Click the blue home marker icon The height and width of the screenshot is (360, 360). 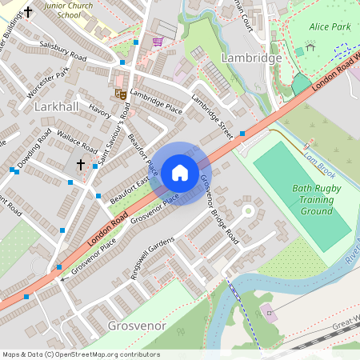coord(180,173)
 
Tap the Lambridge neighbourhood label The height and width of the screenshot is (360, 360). coord(251,58)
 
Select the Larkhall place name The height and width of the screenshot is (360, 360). coord(57,106)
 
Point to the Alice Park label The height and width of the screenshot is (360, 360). coord(330,27)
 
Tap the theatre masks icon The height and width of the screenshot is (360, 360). coord(121,94)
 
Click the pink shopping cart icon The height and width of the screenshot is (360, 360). coord(158,42)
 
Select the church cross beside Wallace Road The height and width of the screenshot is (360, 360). coord(80,165)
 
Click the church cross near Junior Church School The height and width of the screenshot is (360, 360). coord(29,12)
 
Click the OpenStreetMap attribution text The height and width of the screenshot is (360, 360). coord(81,354)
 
